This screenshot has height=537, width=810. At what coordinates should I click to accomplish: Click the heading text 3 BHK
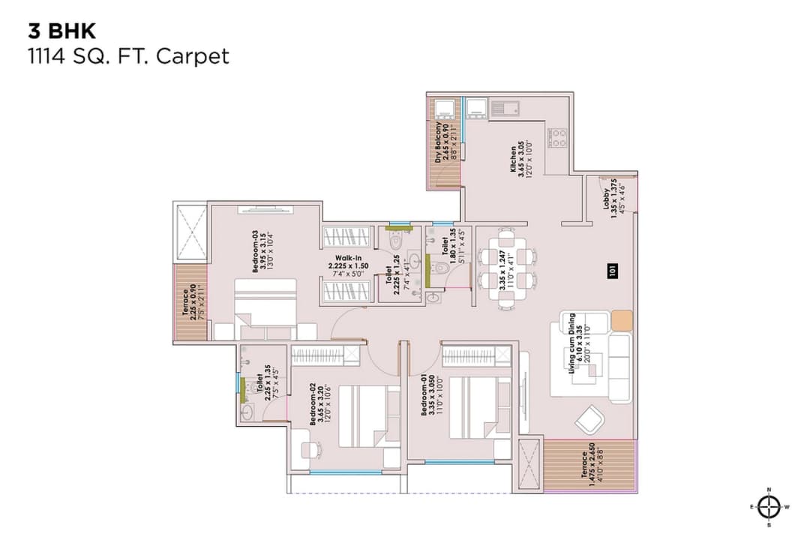[62, 31]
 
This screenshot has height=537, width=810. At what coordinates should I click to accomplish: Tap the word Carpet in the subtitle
[193, 56]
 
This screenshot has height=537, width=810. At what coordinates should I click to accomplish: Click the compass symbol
[769, 507]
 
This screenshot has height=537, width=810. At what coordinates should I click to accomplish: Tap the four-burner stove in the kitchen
[559, 136]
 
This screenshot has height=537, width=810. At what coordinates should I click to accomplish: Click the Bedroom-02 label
[317, 405]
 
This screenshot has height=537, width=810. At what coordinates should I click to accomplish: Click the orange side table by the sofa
[622, 320]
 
